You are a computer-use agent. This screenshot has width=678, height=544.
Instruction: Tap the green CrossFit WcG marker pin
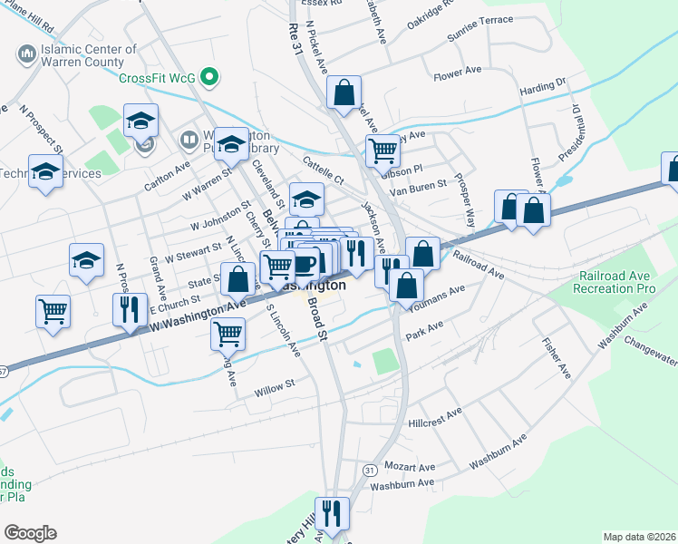pos(210,77)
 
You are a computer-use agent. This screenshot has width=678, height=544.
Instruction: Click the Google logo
pos(30,533)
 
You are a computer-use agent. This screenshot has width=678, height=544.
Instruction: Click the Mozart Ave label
pos(409,467)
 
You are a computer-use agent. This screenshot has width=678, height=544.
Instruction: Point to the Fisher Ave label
pos(556,359)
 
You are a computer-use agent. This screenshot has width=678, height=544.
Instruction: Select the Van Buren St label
pos(418,184)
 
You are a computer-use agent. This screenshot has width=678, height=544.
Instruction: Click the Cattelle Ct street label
pos(324,169)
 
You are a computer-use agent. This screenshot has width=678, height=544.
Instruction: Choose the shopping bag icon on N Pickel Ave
pos(344,92)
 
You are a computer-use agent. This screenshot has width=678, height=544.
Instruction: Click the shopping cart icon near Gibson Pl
pos(383,150)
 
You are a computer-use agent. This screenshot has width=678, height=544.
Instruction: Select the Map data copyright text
pos(639,537)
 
